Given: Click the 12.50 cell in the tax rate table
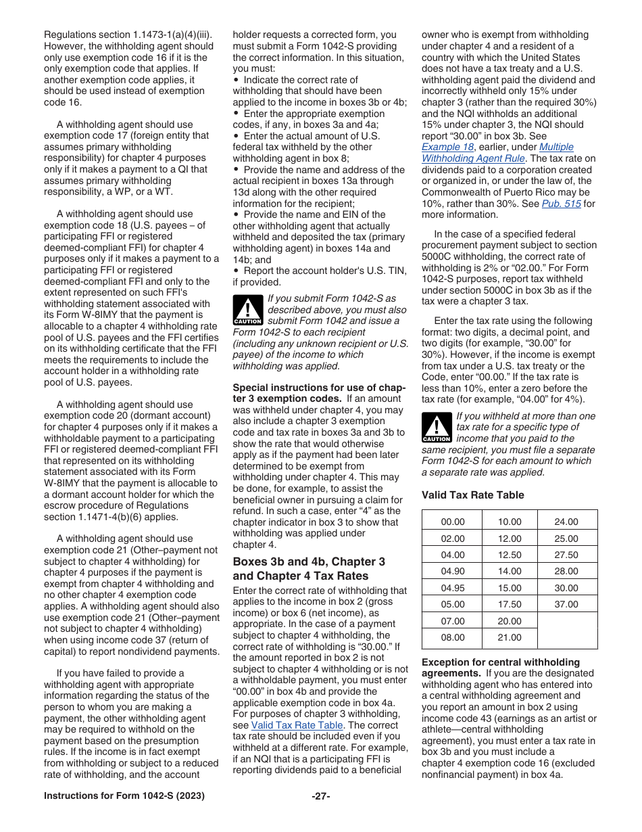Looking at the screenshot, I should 510,555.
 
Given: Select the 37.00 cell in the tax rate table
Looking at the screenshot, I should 566,604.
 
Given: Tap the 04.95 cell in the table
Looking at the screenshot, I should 452,588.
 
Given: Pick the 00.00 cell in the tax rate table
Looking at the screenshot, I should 452,522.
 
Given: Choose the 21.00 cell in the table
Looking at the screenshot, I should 510,637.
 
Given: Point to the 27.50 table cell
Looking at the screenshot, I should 566,555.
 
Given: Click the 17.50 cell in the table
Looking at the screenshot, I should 510,604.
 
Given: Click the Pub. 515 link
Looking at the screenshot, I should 567,204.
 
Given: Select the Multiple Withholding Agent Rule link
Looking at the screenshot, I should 497,153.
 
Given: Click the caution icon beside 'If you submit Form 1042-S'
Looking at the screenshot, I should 247,310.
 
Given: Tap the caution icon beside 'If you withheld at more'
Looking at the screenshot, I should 436,428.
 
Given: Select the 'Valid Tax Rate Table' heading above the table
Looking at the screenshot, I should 472,495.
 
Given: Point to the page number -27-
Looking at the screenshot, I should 320,795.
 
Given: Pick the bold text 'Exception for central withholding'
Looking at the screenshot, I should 500,662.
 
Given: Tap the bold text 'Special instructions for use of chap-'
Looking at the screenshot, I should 318,388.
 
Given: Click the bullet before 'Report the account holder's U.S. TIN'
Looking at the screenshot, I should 236,271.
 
